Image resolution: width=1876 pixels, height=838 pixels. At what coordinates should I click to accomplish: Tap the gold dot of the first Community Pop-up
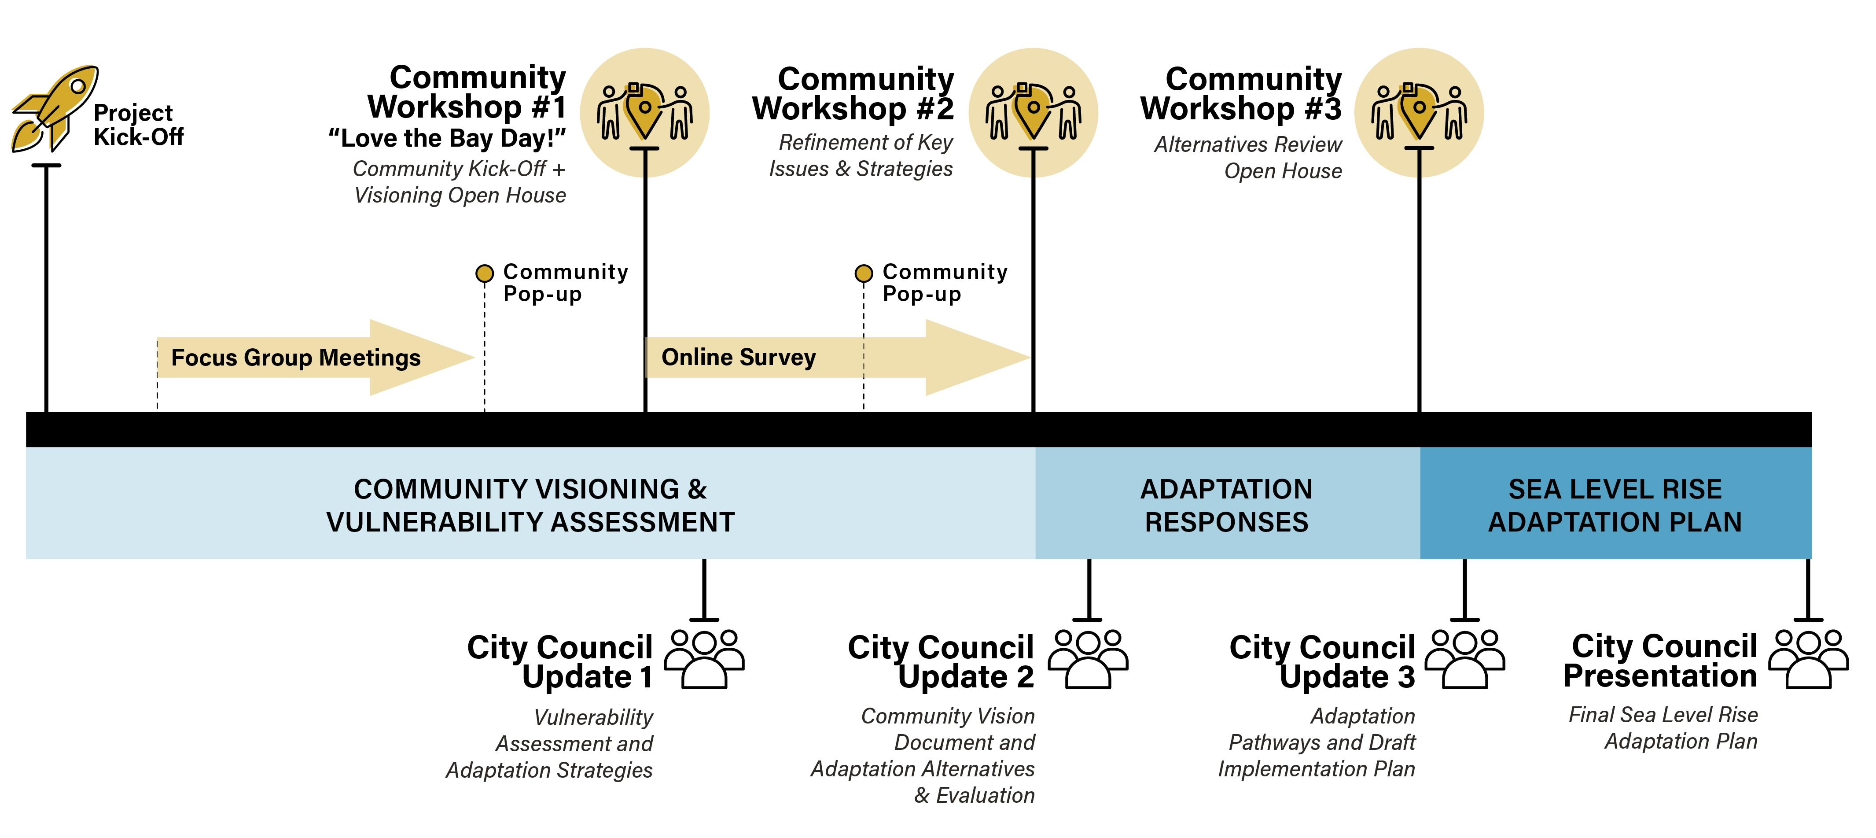point(484,273)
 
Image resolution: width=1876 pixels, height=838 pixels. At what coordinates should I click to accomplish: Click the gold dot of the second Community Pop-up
point(864,273)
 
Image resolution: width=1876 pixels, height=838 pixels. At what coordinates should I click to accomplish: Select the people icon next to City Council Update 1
point(704,658)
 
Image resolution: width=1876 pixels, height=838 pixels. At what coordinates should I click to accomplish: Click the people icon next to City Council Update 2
point(1088,658)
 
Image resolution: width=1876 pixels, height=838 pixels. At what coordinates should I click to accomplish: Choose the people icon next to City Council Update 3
point(1464,658)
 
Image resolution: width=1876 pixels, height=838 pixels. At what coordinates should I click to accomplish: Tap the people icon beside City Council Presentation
point(1808,658)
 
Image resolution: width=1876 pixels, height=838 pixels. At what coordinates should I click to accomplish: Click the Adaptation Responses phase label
point(1226,505)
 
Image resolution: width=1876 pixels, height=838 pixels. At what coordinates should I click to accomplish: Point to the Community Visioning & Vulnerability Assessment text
point(530,505)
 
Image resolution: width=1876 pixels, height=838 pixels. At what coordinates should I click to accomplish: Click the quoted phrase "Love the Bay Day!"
point(447,138)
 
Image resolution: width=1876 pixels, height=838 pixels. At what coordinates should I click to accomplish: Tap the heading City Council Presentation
point(1660,661)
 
